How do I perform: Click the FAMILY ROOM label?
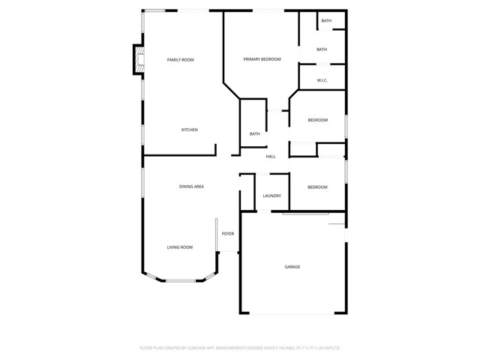[x=180, y=59]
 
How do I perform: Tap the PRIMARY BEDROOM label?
[x=262, y=59]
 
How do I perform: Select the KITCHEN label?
[x=189, y=130]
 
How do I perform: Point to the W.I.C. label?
[x=322, y=79]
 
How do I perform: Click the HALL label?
[x=271, y=156]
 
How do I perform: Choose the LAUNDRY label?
[x=271, y=196]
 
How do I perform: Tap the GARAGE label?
[x=292, y=267]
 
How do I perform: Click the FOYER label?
[x=227, y=233]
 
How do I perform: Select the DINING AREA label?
[x=191, y=186]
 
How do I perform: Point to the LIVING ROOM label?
[x=180, y=247]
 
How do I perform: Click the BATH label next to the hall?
[x=255, y=134]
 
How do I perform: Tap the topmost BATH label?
[x=326, y=21]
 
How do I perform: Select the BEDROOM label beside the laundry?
[x=318, y=187]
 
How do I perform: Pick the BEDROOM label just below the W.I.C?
[x=318, y=120]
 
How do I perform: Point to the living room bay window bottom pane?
[x=180, y=280]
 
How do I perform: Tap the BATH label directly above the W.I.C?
[x=322, y=49]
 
